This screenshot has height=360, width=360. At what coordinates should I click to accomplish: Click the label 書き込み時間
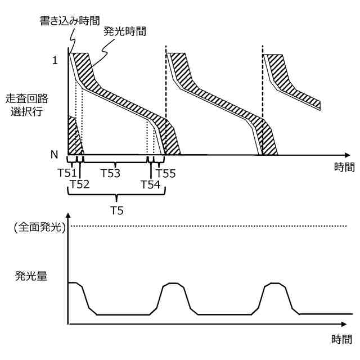coord(70,21)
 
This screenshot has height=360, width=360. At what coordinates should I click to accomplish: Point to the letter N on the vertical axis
coord(55,154)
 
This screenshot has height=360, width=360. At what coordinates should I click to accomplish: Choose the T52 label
coord(80,184)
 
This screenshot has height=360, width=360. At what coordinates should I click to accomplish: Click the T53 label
coord(110,173)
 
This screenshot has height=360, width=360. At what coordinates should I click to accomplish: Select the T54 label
coord(150,184)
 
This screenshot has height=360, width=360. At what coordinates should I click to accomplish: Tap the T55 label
coord(166,173)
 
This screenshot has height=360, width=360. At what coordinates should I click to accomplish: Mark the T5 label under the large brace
coord(116,211)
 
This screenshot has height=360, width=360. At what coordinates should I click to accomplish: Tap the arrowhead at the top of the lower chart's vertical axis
coord(68,217)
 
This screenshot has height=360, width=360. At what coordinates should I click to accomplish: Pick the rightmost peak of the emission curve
coord(276,285)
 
